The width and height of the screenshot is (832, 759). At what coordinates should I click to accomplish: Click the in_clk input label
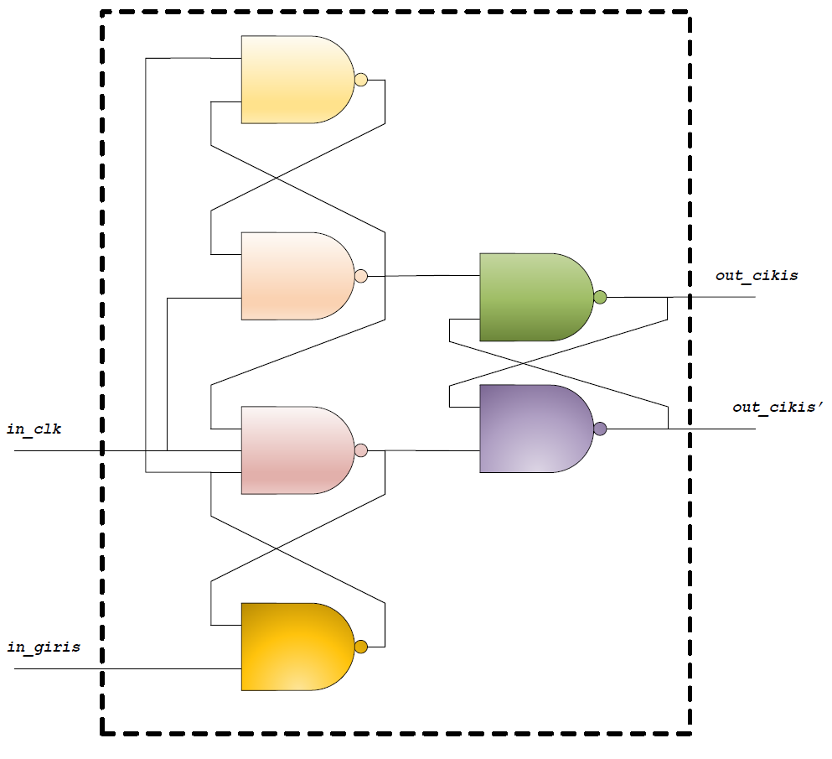pyautogui.click(x=34, y=430)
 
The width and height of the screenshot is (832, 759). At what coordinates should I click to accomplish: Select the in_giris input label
pyautogui.click(x=44, y=647)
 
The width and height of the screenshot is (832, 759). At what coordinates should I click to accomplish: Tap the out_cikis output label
pyautogui.click(x=756, y=275)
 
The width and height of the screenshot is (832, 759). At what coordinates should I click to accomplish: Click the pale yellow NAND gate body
pyautogui.click(x=293, y=80)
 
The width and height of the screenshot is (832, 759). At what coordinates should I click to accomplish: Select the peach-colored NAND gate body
pyautogui.click(x=293, y=276)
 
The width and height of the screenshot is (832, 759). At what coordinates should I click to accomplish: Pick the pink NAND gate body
pyautogui.click(x=293, y=450)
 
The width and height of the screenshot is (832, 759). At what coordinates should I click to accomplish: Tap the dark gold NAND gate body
pyautogui.click(x=293, y=647)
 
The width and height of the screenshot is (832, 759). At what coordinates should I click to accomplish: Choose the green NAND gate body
pyautogui.click(x=532, y=297)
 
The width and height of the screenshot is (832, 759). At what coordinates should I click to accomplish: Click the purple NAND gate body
pyautogui.click(x=532, y=429)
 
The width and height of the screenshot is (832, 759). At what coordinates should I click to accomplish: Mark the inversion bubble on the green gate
pyautogui.click(x=600, y=297)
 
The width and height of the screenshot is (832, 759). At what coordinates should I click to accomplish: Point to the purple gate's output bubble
pyautogui.click(x=600, y=429)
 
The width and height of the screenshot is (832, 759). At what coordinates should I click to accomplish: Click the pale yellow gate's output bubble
pyautogui.click(x=361, y=80)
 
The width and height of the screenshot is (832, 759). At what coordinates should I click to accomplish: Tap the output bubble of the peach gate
pyautogui.click(x=361, y=276)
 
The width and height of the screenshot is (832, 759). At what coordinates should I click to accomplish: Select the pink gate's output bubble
pyautogui.click(x=361, y=450)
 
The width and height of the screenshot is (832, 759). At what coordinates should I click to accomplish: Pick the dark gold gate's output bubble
pyautogui.click(x=361, y=647)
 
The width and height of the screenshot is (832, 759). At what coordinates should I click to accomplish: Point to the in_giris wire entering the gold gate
pyautogui.click(x=126, y=668)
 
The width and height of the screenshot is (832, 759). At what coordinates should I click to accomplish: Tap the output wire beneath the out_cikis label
pyautogui.click(x=721, y=297)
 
